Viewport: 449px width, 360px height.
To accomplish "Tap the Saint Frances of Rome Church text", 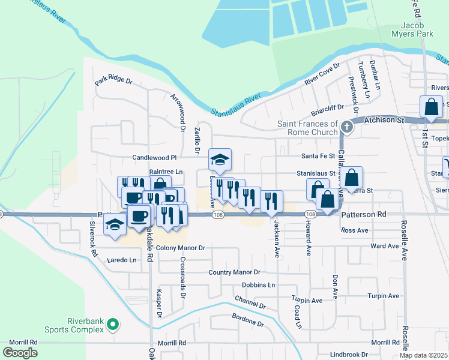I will (308, 128).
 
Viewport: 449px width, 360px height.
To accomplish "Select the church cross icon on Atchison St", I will (347, 127).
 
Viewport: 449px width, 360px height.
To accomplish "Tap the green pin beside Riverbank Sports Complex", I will (112, 326).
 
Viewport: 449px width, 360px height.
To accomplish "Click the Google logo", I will (20, 353).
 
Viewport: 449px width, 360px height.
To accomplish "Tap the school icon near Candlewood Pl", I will (220, 160).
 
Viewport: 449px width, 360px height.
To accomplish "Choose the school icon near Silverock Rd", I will (114, 224).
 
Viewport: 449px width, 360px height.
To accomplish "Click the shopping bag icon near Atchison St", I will (432, 107).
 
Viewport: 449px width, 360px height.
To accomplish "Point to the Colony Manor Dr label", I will (181, 248).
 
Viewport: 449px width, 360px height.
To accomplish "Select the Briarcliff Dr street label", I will (328, 109).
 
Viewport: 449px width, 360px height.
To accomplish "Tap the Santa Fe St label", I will (318, 155).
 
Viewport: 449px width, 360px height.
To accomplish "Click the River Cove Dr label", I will (322, 73).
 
